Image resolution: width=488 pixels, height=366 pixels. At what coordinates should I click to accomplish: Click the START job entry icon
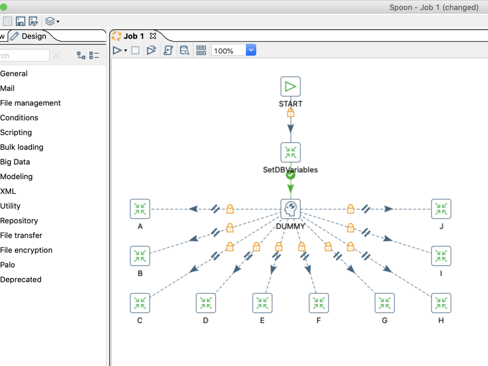point(290,86)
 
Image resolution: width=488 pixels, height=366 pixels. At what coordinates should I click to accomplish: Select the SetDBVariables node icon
point(290,152)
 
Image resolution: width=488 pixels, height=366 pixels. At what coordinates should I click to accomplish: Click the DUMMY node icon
point(290,209)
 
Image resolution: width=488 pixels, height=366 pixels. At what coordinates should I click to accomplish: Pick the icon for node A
point(140,209)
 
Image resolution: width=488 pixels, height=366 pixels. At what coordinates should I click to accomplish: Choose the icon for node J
point(441,209)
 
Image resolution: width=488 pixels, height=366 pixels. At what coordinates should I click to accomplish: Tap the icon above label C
point(140,303)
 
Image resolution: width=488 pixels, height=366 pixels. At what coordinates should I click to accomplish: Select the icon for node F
point(319,303)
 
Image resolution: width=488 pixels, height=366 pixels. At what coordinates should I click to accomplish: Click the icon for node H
point(441,303)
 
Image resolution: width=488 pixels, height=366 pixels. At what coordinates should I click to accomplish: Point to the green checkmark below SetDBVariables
point(290,174)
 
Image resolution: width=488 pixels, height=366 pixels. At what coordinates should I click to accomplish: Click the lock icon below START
point(290,113)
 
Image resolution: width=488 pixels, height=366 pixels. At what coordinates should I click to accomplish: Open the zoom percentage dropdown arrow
point(251,50)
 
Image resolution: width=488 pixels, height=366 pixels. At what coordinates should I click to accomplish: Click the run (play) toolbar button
point(117,50)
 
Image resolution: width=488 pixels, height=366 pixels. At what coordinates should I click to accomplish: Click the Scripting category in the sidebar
point(16,132)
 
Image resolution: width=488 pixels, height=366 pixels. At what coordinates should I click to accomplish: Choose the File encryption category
point(26,250)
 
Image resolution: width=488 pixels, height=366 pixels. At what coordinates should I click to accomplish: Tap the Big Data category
point(15,162)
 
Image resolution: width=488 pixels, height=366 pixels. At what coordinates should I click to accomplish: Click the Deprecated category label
point(21,280)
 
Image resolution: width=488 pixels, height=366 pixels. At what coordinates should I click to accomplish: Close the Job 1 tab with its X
point(153,36)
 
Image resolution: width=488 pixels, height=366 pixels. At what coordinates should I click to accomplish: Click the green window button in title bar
point(3,7)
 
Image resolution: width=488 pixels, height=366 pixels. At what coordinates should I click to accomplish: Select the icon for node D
point(205,303)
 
